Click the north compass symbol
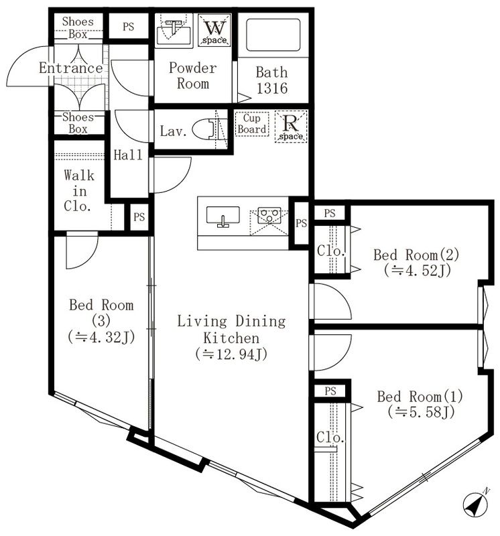pyautogui.click(x=475, y=503)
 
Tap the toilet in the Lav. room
pyautogui.click(x=207, y=129)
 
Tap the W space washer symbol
pyautogui.click(x=216, y=30)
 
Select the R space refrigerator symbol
pyautogui.click(x=292, y=126)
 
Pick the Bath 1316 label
pyautogui.click(x=271, y=79)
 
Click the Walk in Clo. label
pyautogui.click(x=79, y=191)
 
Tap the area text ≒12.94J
pyautogui.click(x=231, y=354)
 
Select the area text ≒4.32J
pyautogui.click(x=101, y=337)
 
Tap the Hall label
pyautogui.click(x=128, y=155)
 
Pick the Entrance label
pyautogui.click(x=70, y=68)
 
